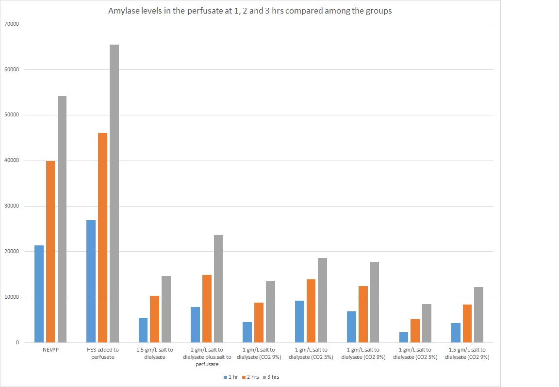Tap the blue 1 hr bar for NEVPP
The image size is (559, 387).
39,294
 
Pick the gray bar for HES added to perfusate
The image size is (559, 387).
114,193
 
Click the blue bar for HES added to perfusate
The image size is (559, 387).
91,281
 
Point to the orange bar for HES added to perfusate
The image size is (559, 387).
102,238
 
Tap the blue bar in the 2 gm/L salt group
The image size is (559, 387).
195,325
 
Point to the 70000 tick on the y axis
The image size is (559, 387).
11,24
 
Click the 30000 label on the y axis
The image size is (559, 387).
11,206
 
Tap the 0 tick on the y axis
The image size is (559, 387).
17,343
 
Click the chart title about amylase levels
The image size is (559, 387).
250,11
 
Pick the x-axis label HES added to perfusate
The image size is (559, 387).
102,353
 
